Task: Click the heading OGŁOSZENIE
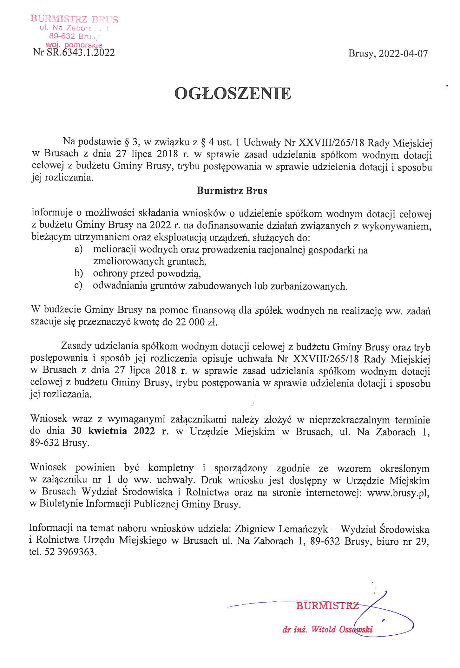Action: pyautogui.click(x=233, y=94)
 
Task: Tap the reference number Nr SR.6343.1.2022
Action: pyautogui.click(x=74, y=52)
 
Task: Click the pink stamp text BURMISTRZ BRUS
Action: pyautogui.click(x=74, y=19)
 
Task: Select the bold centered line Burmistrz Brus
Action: pyautogui.click(x=232, y=191)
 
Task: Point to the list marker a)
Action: pyautogui.click(x=78, y=249)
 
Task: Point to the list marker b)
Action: pyautogui.click(x=78, y=273)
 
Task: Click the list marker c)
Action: pyautogui.click(x=78, y=285)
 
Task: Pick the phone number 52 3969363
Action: pyautogui.click(x=68, y=552)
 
